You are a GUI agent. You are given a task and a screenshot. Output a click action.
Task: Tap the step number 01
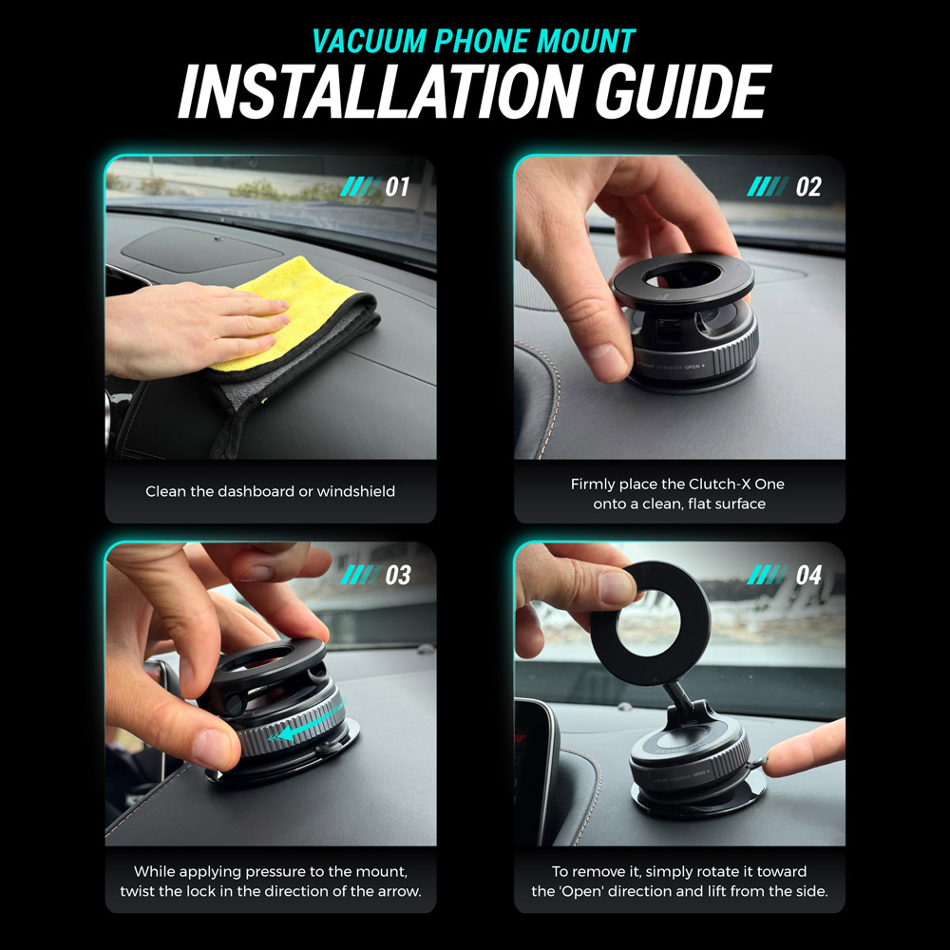397,187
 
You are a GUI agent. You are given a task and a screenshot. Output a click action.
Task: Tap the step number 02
807,187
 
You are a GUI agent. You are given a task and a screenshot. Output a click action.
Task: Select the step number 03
397,575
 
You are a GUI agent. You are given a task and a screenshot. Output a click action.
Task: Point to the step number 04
807,575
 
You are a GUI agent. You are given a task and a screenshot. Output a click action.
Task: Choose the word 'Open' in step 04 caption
663,892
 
